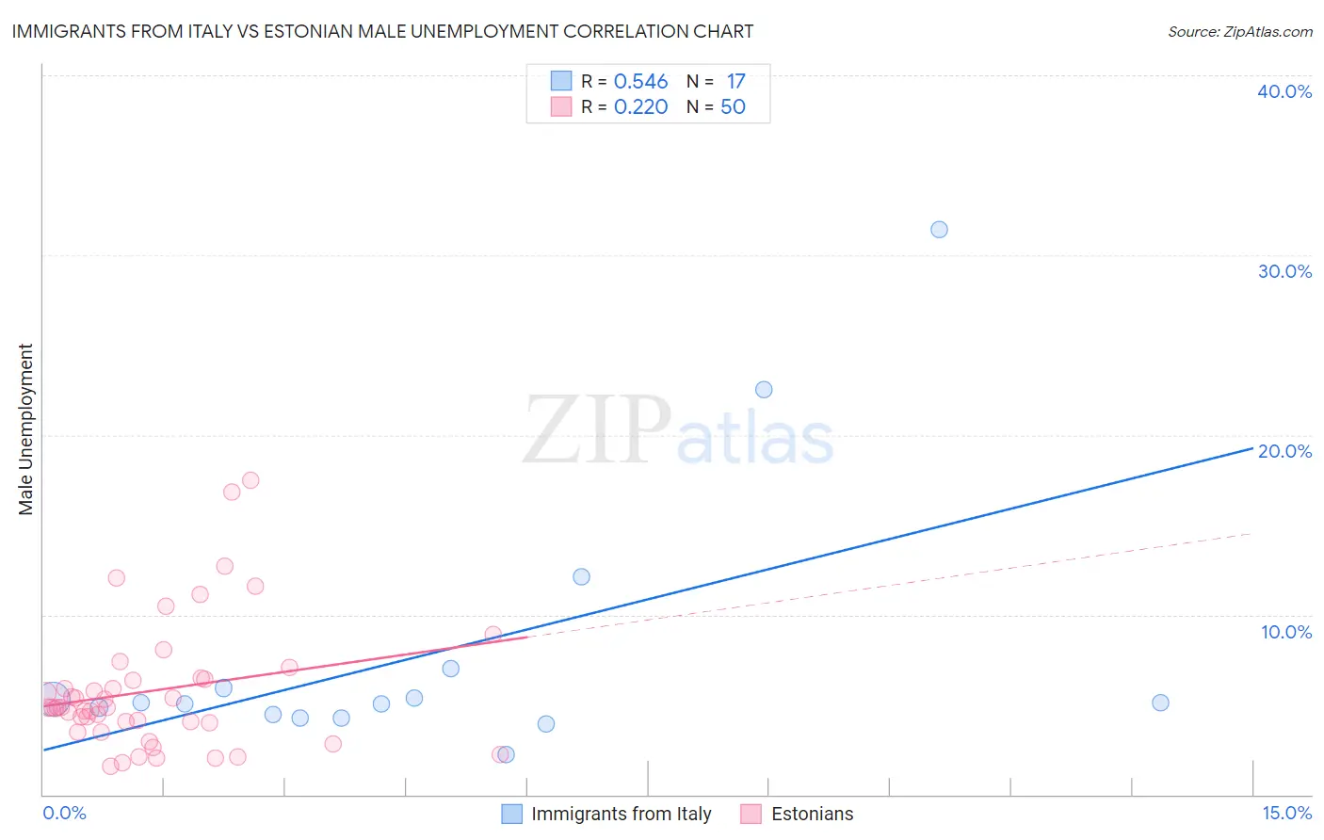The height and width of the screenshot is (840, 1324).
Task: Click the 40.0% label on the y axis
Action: tap(1284, 91)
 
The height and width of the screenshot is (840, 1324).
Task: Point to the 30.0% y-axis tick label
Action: tap(1284, 271)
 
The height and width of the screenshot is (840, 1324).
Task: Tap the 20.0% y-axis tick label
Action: tap(1284, 451)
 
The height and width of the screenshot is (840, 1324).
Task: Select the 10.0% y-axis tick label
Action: tap(1286, 632)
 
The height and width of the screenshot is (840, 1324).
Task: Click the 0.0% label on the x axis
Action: tap(64, 813)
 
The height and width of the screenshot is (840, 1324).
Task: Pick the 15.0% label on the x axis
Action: tap(1286, 813)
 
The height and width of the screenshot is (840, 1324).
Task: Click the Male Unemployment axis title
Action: tap(25, 429)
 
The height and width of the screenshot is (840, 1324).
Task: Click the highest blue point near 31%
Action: tap(939, 230)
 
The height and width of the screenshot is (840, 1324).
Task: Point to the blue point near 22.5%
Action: tap(764, 390)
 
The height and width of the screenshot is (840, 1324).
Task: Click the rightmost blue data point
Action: tap(1160, 703)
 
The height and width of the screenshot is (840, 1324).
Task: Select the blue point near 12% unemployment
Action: tap(581, 576)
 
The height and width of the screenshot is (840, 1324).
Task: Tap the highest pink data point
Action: tap(250, 480)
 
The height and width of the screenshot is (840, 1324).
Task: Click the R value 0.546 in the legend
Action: tap(640, 82)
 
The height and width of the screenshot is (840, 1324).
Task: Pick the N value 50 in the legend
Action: tap(733, 107)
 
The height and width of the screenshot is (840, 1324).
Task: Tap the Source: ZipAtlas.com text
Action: tap(1239, 32)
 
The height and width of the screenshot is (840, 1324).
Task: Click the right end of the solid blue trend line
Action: tap(1251, 449)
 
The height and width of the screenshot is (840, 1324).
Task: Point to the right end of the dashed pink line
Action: tap(1250, 534)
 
